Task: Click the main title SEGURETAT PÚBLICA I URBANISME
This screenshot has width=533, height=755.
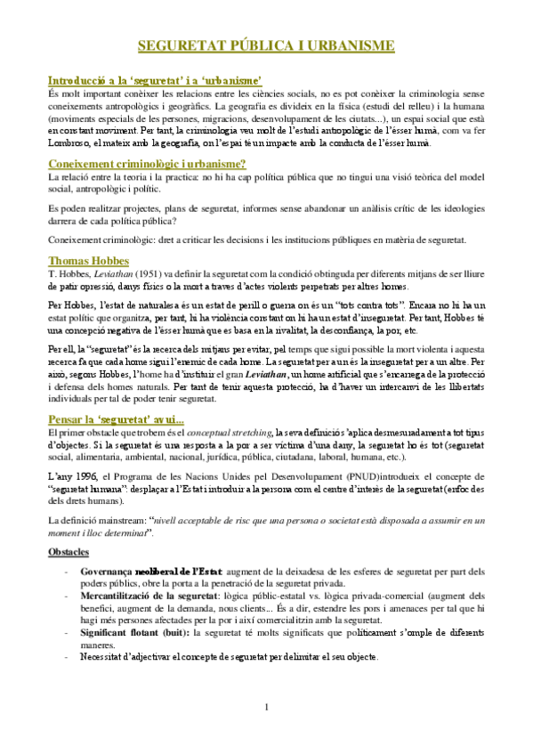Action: point(267,46)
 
